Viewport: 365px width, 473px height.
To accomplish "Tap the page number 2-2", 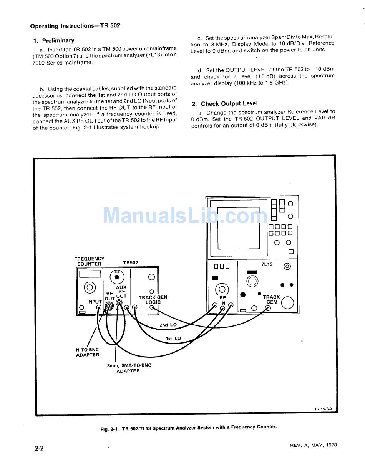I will click(x=39, y=448).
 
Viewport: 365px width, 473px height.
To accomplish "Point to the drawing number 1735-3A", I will click(x=323, y=409).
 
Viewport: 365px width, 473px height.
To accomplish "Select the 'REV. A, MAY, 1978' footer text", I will click(x=314, y=445).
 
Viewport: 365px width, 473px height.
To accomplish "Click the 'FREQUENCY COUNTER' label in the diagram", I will click(x=89, y=261).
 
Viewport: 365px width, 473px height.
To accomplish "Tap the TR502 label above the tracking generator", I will click(x=131, y=263).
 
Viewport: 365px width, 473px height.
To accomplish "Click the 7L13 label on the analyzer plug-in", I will click(x=266, y=264).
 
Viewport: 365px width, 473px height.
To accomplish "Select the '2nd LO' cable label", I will click(x=168, y=325).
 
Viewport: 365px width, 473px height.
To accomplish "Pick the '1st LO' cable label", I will click(x=173, y=339).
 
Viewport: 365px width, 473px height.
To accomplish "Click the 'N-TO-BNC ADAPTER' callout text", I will click(x=87, y=352).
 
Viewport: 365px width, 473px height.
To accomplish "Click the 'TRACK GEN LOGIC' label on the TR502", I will click(x=153, y=300).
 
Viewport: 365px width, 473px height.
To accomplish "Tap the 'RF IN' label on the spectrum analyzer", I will click(x=222, y=300).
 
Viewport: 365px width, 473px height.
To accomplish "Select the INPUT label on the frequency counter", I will click(x=94, y=302).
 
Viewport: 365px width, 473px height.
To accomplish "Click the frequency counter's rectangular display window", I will click(x=90, y=274).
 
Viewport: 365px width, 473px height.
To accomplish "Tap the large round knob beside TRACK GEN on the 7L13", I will click(x=287, y=303).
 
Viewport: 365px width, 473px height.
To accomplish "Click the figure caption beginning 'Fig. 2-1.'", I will click(x=188, y=427).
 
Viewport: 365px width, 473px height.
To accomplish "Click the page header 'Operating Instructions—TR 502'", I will click(x=75, y=26).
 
